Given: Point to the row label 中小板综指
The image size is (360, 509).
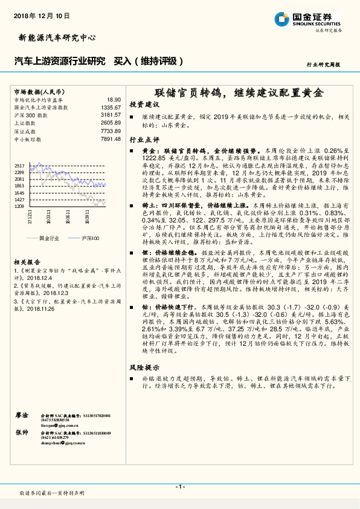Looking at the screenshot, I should (x=27, y=138).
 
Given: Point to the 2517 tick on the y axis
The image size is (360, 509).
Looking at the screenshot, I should (x=19, y=166).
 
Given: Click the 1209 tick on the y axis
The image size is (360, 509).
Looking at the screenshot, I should (x=19, y=207).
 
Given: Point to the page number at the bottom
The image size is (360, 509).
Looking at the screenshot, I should (x=179, y=486).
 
